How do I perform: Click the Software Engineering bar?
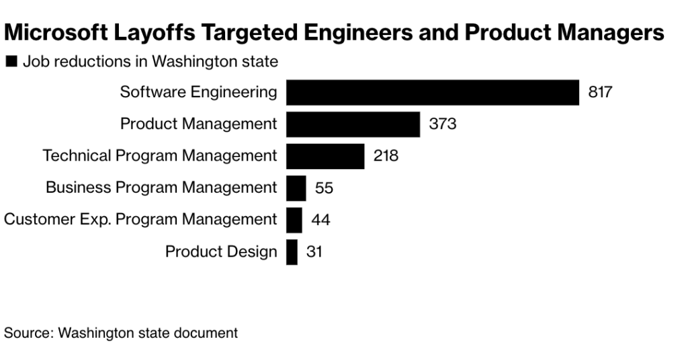(x=432, y=92)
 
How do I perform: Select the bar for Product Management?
(x=353, y=124)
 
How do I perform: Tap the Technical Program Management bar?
(x=325, y=156)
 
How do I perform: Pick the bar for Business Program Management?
(x=296, y=188)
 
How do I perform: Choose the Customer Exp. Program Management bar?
(x=294, y=220)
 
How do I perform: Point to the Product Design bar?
(x=292, y=252)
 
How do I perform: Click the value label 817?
(x=600, y=92)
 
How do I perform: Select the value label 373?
(x=443, y=124)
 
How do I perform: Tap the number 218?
(x=386, y=156)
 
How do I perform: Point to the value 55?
(x=324, y=188)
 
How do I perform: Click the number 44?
(x=320, y=220)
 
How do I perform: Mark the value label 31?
(x=314, y=252)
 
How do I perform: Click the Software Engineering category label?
(x=198, y=92)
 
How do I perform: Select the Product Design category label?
(x=221, y=252)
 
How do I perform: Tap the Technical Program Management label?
(x=160, y=156)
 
